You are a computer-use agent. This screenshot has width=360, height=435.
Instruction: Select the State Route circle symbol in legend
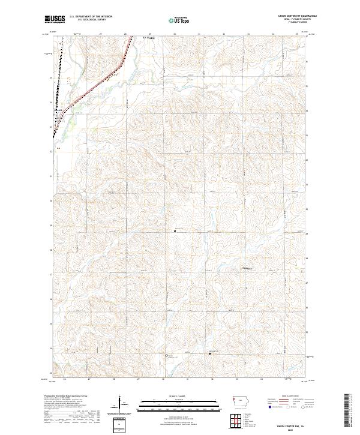[311, 407]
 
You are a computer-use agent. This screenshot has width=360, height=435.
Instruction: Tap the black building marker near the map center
[175, 229]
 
